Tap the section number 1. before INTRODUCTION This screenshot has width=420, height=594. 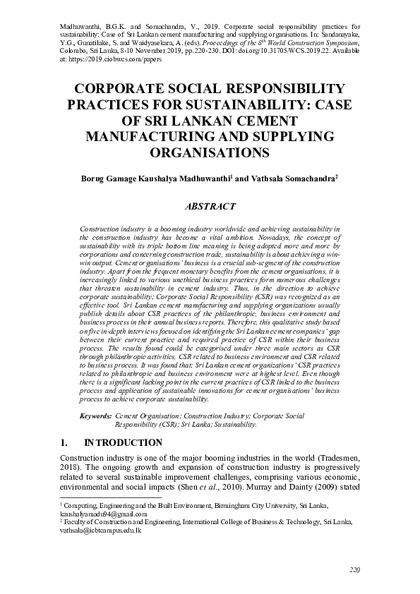click(64, 443)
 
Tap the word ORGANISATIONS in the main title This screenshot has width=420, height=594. click(210, 152)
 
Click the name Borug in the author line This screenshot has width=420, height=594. click(96, 179)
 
